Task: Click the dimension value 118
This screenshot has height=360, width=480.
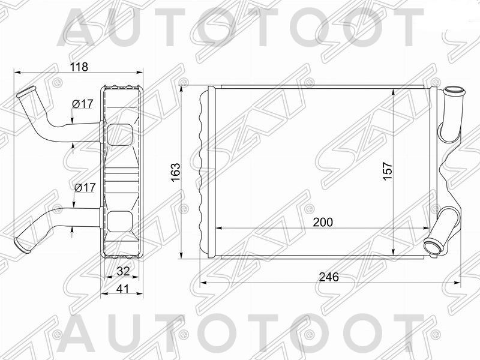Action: [78, 67]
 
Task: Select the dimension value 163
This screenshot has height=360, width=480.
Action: [175, 172]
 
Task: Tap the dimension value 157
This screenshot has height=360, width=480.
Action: [387, 172]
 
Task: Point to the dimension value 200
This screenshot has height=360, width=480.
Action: [322, 221]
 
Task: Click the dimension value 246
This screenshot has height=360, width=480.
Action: [329, 277]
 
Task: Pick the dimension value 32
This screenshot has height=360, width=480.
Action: [123, 271]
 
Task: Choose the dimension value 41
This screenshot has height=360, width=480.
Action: [123, 289]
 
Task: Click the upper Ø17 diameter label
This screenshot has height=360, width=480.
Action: [83, 104]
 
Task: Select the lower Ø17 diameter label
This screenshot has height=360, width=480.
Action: [85, 188]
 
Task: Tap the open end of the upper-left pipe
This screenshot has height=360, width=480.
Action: [22, 94]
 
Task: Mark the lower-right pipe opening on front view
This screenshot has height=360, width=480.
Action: [432, 246]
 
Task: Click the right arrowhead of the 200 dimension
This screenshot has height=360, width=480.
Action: [427, 229]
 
